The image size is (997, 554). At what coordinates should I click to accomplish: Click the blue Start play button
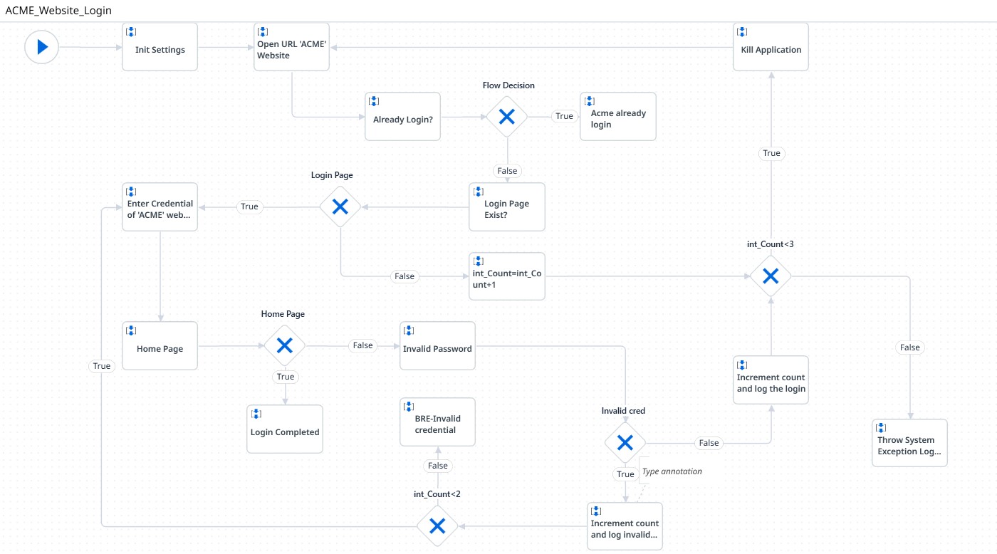(x=41, y=47)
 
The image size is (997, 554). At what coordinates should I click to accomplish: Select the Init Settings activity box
(x=160, y=47)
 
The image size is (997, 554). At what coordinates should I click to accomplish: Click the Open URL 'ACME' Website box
(x=292, y=47)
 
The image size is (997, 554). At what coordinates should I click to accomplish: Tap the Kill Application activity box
(x=771, y=47)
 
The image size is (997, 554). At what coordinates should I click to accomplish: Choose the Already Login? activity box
(x=402, y=117)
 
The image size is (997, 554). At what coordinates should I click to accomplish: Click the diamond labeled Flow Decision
(x=507, y=117)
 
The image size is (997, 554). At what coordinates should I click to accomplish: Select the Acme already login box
(x=617, y=117)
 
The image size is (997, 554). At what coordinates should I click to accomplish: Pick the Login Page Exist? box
(x=506, y=207)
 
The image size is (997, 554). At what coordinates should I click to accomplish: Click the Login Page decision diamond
(x=340, y=207)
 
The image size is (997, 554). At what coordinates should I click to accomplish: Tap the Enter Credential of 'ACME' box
(x=160, y=207)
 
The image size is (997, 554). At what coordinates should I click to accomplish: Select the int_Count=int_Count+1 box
(x=506, y=276)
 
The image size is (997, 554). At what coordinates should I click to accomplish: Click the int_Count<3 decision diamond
(x=771, y=276)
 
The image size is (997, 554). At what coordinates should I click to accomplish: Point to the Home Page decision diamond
(x=285, y=346)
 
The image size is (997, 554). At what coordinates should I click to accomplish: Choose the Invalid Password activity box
(x=437, y=346)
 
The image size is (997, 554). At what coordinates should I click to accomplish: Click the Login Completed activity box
(x=285, y=429)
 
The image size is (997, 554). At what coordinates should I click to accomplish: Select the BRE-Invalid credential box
(x=437, y=422)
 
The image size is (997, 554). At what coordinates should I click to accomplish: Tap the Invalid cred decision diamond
(x=625, y=443)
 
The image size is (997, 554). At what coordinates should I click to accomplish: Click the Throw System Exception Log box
(x=909, y=443)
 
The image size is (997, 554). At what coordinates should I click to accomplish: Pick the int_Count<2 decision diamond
(x=437, y=526)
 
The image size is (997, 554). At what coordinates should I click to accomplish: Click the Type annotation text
(x=672, y=471)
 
